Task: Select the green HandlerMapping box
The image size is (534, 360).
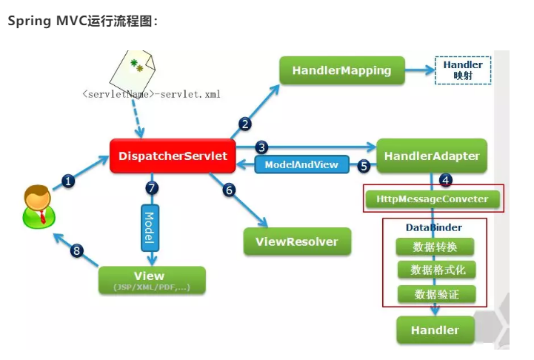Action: point(341,71)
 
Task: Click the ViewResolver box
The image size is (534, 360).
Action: point(296,241)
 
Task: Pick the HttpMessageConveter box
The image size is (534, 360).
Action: point(433,199)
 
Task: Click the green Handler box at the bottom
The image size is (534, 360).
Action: point(435,330)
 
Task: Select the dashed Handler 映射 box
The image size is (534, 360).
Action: point(463,70)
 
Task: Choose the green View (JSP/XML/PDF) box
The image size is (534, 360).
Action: point(150,281)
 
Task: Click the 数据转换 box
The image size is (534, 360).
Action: point(435,247)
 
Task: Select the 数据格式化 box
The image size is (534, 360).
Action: point(435,270)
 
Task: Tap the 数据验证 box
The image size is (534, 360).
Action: point(435,294)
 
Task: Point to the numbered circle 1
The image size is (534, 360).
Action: point(68,181)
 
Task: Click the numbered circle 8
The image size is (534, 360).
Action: point(77,250)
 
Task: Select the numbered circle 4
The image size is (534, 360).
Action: point(445,179)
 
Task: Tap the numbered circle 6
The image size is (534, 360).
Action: point(229,190)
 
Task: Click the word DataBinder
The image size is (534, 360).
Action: point(433,227)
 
